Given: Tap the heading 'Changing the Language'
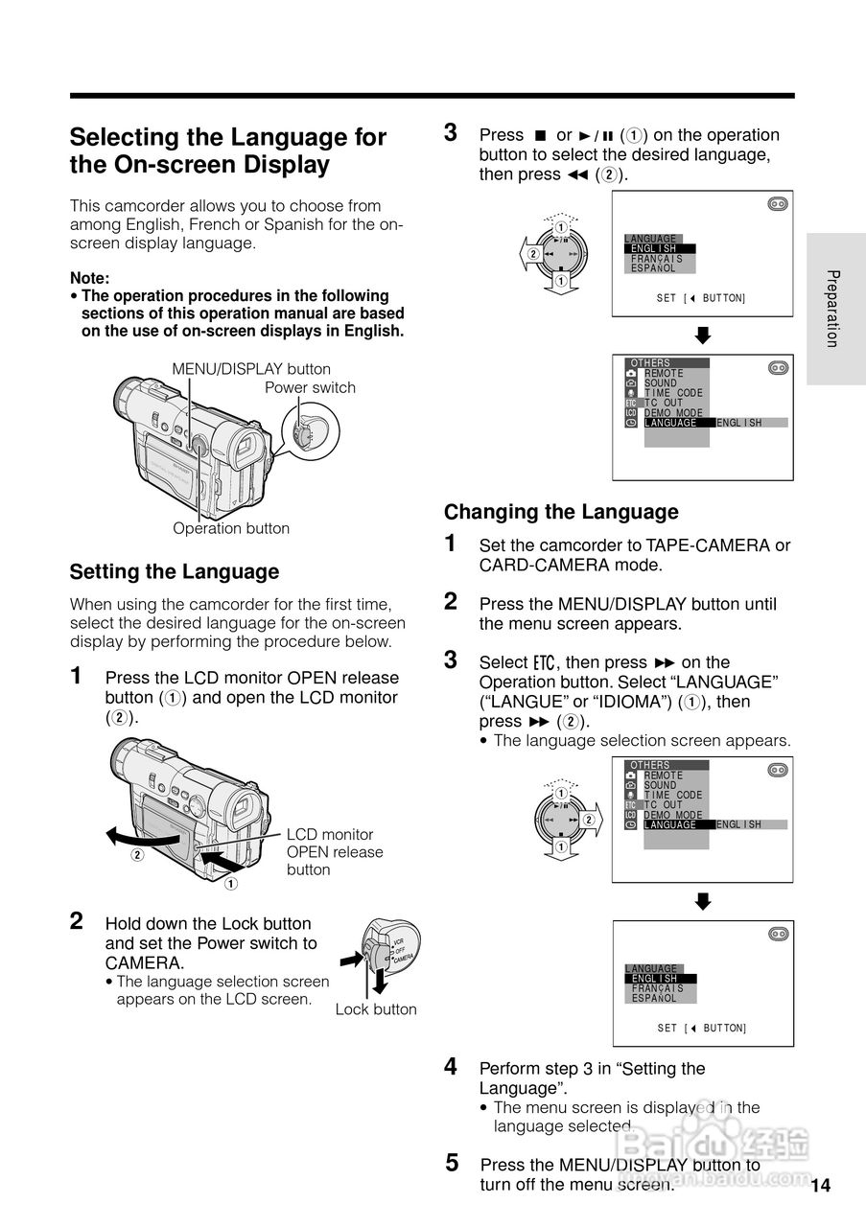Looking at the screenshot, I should [560, 512].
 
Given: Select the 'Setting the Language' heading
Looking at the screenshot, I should [174, 572].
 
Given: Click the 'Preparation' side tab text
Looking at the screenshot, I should [833, 309].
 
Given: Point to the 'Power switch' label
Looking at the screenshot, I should [310, 388].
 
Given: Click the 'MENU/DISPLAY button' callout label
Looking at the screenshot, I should [251, 369].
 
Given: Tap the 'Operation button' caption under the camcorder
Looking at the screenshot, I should [230, 528].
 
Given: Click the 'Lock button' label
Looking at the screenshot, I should [376, 1009].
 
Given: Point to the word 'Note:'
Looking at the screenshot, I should [90, 278].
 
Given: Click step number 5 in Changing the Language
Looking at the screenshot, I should [452, 1164].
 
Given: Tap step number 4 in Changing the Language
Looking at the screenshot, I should [451, 1066].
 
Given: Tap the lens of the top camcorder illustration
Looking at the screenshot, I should [126, 401].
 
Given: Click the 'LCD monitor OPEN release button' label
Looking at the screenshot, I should [334, 852].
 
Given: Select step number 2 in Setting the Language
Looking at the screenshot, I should [77, 921].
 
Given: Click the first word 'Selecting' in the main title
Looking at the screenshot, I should [120, 137].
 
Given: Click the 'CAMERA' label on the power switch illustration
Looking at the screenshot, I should [403, 958].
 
